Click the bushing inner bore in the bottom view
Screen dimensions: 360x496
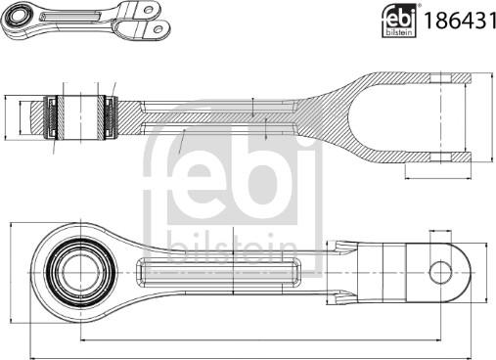(x=76, y=265)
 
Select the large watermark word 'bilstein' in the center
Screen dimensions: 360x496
(x=231, y=246)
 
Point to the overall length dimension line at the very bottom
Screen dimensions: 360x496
(x=245, y=350)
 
